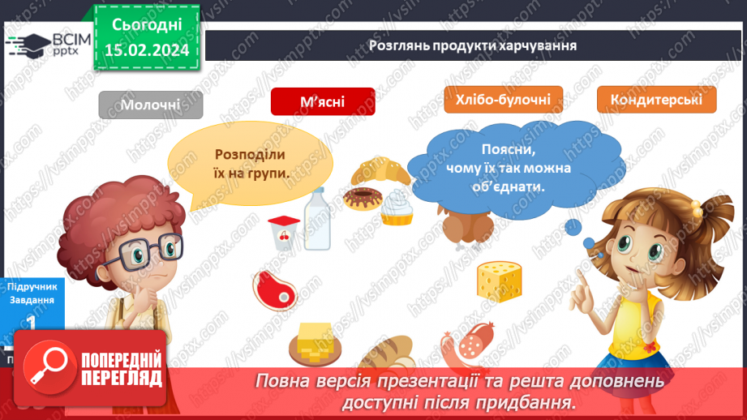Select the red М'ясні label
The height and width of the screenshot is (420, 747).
(x=322, y=102)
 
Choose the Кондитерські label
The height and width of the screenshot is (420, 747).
(x=656, y=100)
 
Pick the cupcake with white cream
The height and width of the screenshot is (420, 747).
(x=397, y=205)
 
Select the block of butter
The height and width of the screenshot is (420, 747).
(x=314, y=341)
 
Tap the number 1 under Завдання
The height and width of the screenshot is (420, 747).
(x=32, y=321)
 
